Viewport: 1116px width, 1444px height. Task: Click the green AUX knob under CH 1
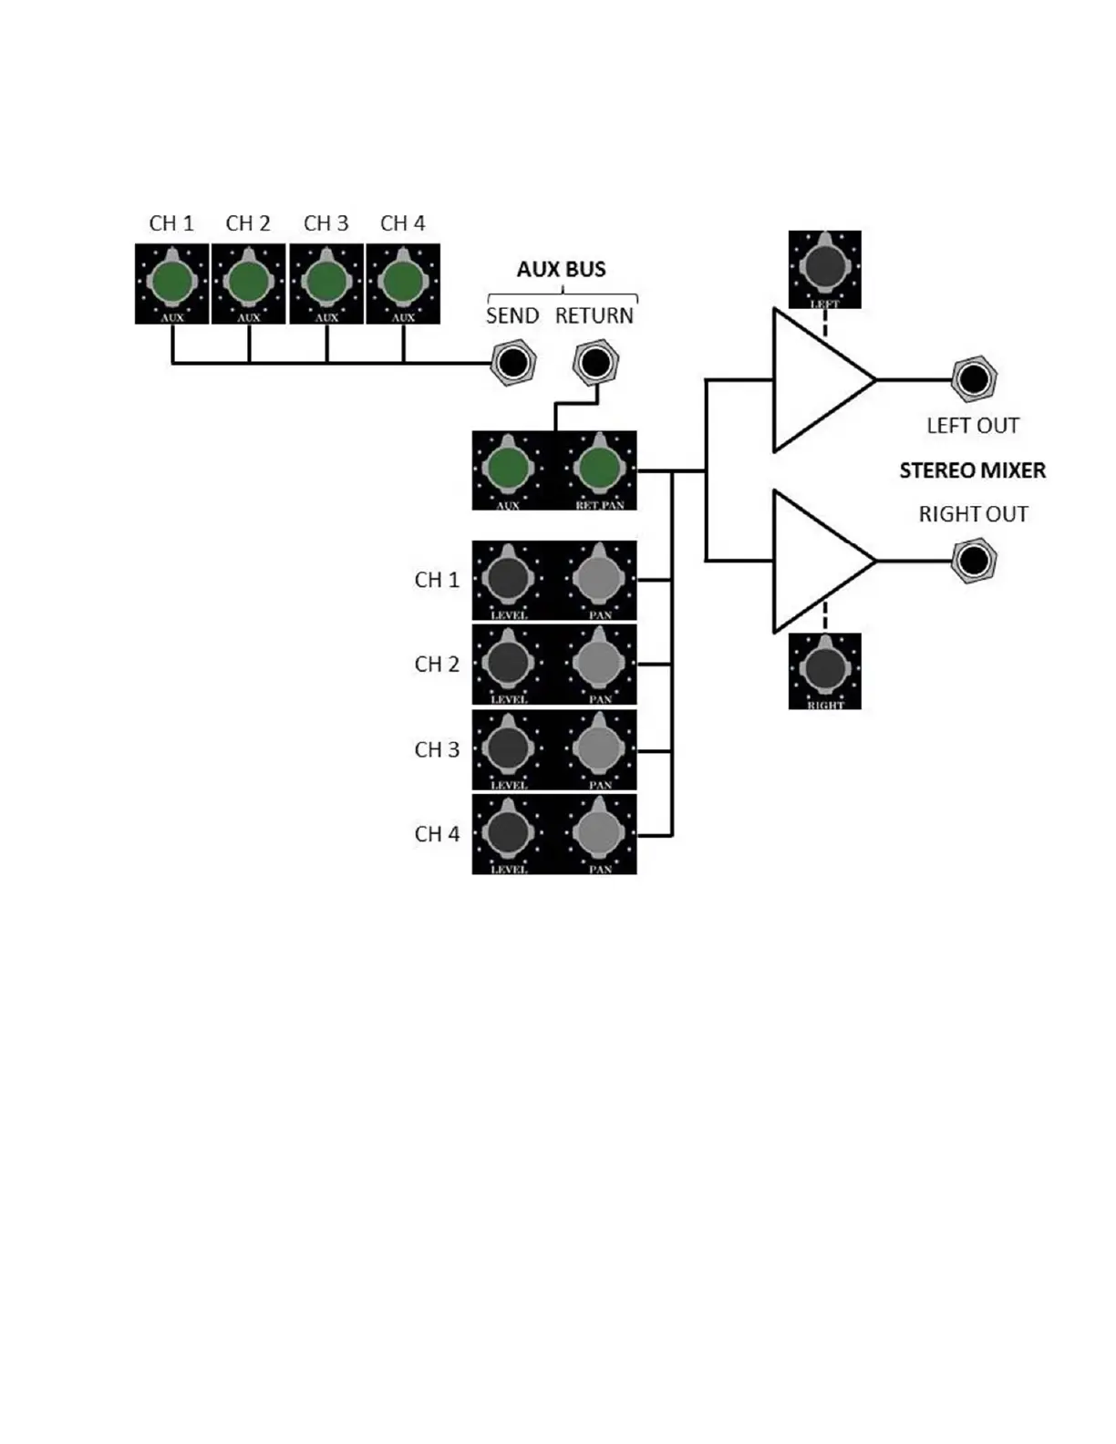coord(172,282)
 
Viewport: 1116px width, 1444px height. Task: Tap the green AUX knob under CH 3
coord(326,282)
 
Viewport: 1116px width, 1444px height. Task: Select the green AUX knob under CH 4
coord(403,282)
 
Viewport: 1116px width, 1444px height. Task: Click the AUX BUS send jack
coord(512,363)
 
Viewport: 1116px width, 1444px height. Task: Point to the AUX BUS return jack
coord(595,363)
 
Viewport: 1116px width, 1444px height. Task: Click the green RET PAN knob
coord(599,469)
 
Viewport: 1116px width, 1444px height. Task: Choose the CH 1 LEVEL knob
coord(508,578)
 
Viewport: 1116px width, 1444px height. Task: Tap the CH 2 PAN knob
coord(599,663)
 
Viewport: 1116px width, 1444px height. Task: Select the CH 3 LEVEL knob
coord(508,748)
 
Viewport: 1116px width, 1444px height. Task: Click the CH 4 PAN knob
coord(599,832)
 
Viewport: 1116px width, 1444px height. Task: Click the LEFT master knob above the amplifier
coord(824,266)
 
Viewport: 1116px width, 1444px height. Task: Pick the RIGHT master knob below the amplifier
coord(824,668)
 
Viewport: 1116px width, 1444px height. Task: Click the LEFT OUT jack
coord(973,378)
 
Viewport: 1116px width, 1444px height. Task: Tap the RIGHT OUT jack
coord(973,560)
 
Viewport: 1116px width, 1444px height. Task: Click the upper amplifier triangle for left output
coord(816,380)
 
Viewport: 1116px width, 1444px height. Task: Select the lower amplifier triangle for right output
coord(816,561)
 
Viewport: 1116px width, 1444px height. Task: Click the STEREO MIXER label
coord(972,470)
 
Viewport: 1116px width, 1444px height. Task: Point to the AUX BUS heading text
coord(561,269)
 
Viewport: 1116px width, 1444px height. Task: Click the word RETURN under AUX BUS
coord(594,315)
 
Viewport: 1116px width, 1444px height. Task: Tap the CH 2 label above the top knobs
coord(248,223)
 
